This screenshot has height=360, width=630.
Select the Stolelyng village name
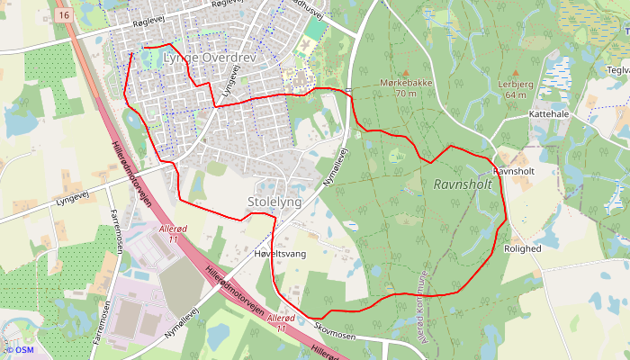pos(274,202)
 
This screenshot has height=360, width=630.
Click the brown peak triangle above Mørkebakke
pos(405,72)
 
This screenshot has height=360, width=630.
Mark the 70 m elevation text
pos(405,93)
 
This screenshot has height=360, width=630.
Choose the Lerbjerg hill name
pos(516,84)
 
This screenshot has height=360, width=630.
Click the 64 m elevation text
pos(516,94)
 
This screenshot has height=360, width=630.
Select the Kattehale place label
pos(550,115)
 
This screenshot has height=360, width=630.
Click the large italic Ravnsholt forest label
pos(463,184)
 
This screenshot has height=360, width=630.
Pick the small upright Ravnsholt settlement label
pos(516,171)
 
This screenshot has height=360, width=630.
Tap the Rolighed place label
pos(522,248)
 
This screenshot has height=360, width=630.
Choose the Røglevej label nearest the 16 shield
pos(123,27)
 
